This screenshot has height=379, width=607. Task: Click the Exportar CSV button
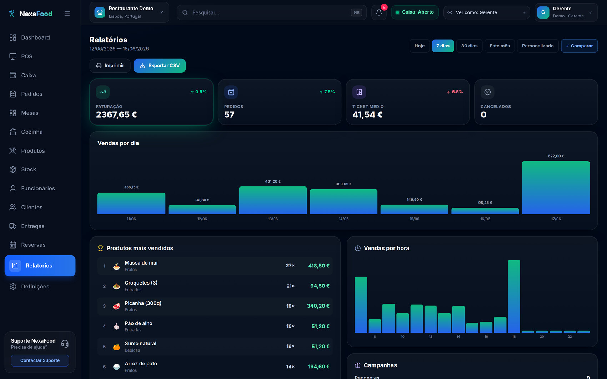point(160,66)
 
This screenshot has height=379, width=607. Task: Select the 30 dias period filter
point(469,46)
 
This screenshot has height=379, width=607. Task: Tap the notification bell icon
point(379,12)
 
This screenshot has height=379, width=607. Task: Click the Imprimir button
point(110,66)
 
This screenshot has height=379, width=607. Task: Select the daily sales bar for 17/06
point(556,188)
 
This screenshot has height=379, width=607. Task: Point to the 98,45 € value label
point(485,203)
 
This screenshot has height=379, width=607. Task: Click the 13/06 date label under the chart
point(272,219)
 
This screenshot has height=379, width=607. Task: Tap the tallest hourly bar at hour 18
point(514,296)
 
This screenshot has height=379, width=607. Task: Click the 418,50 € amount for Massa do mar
point(318,266)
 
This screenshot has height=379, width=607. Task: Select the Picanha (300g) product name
point(143,303)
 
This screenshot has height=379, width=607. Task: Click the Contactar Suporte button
point(40,360)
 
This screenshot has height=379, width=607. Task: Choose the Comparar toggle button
point(580,46)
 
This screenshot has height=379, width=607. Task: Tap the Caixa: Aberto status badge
point(415,12)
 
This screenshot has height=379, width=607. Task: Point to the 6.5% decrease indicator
point(455,92)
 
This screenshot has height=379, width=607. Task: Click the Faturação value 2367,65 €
point(116,114)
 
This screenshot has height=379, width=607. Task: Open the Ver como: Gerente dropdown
point(486,12)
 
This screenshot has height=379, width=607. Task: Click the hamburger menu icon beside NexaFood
point(67,14)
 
